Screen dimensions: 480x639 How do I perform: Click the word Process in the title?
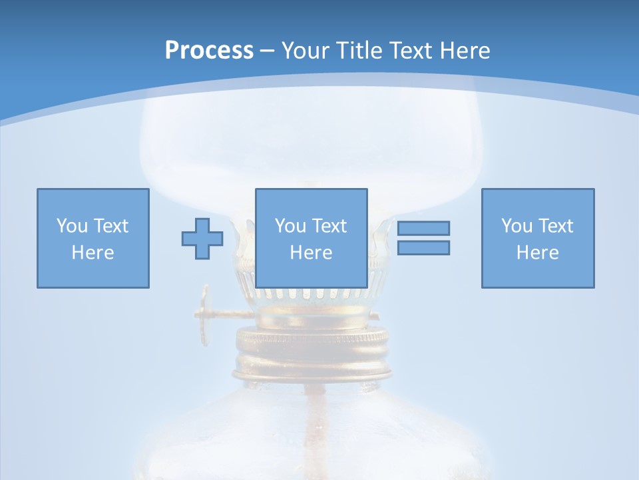209,51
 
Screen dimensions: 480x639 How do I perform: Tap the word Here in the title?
461,51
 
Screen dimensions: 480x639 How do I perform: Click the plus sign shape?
202,238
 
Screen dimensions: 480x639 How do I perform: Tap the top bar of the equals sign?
423,228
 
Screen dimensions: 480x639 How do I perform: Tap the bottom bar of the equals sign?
423,247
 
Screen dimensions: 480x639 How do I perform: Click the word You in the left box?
72,226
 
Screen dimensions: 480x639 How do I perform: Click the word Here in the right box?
538,253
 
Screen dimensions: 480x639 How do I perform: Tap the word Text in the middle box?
329,226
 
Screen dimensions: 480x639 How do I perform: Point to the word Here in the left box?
93,253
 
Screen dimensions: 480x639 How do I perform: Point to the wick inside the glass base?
312,427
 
